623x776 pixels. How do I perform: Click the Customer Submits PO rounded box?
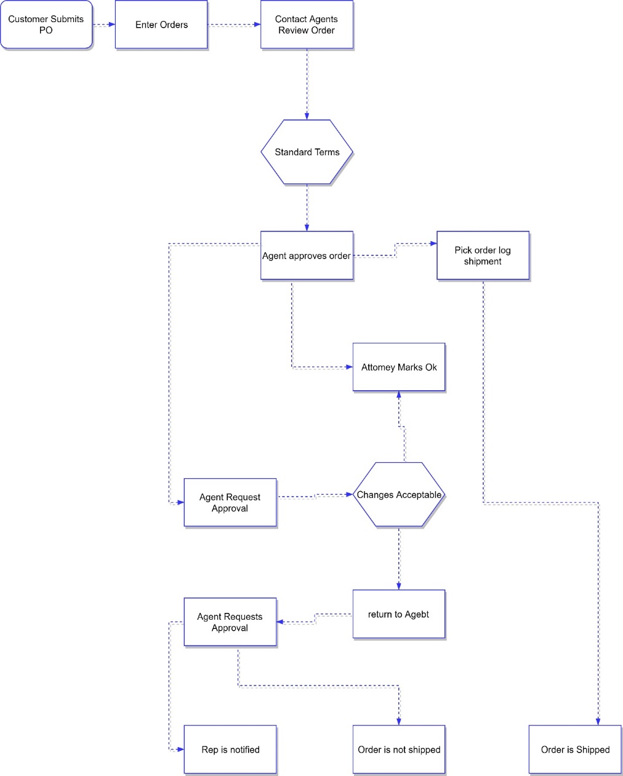point(46,25)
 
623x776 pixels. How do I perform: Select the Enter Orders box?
point(161,25)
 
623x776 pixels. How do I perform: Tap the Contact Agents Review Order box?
point(307,25)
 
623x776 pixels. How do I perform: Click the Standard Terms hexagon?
point(307,152)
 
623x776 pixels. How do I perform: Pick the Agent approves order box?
point(307,255)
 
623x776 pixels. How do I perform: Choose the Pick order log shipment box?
point(483,255)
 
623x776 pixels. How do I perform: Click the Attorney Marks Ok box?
point(399,367)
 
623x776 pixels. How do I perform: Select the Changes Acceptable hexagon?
point(399,495)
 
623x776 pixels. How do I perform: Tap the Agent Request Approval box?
point(230,502)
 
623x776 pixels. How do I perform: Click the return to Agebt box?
point(399,614)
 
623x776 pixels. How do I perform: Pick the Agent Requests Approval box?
point(230,622)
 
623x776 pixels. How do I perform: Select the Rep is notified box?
point(230,750)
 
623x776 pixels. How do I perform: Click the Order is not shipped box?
point(399,750)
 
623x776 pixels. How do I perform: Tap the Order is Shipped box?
point(575,750)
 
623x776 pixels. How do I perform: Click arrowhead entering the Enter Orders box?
point(111,25)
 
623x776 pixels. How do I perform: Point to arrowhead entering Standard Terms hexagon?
point(307,116)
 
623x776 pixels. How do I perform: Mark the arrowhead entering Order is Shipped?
point(598,721)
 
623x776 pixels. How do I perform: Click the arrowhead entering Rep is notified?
point(180,750)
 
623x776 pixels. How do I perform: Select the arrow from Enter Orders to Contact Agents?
point(234,25)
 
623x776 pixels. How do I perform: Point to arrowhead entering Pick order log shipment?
point(433,244)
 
